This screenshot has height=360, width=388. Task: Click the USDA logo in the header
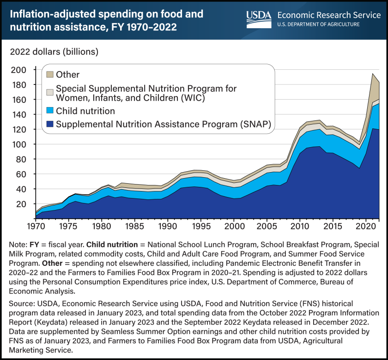(259, 19)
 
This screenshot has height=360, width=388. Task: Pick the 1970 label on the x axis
(36, 227)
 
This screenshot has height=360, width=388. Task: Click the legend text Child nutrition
(86, 111)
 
